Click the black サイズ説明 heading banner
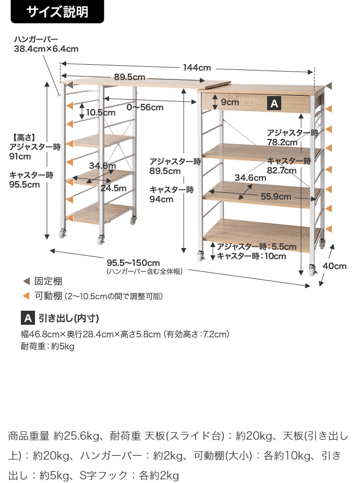[57, 11]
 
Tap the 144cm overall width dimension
[197, 67]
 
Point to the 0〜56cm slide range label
[145, 108]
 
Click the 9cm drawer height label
[230, 102]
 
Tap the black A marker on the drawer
[274, 103]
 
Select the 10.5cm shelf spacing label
[101, 112]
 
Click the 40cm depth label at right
[334, 266]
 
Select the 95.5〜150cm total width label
[133, 263]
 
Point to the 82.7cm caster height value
[282, 170]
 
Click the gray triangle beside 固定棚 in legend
[26, 281]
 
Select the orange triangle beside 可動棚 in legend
[26, 296]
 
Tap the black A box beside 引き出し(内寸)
[28, 318]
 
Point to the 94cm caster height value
[162, 199]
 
